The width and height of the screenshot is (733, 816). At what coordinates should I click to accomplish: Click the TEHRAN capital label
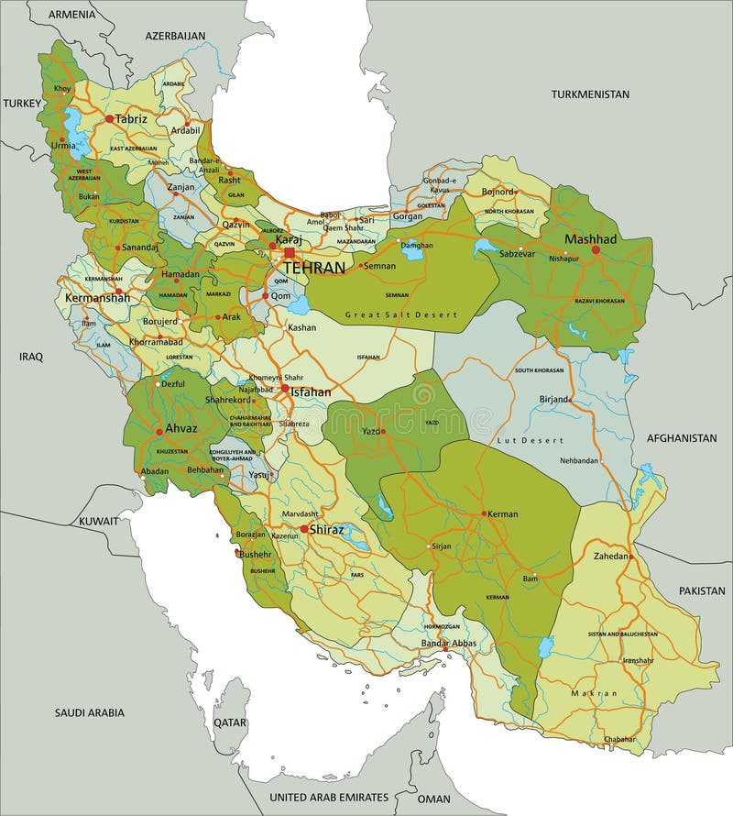click(x=314, y=268)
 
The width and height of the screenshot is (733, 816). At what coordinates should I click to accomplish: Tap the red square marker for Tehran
click(x=290, y=253)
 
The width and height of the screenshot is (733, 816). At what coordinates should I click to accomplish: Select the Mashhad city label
click(x=590, y=238)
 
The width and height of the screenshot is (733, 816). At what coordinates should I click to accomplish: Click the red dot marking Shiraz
click(x=303, y=529)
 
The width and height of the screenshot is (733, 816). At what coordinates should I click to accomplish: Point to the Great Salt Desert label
click(x=400, y=314)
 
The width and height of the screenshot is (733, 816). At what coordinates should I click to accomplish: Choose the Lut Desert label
click(x=531, y=441)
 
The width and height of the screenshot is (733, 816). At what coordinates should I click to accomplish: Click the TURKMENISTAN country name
click(x=590, y=94)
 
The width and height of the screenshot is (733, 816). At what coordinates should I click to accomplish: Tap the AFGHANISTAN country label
click(x=681, y=438)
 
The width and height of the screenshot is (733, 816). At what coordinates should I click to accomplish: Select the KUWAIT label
click(x=98, y=521)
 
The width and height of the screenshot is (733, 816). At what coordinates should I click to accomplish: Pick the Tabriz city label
click(x=131, y=118)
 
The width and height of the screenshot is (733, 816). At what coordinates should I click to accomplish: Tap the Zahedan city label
click(x=611, y=557)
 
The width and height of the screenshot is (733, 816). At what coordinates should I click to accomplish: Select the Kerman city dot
click(x=484, y=514)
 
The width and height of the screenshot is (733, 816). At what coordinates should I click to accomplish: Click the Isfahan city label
click(x=312, y=391)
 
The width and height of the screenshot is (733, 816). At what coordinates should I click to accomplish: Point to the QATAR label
click(x=230, y=722)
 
